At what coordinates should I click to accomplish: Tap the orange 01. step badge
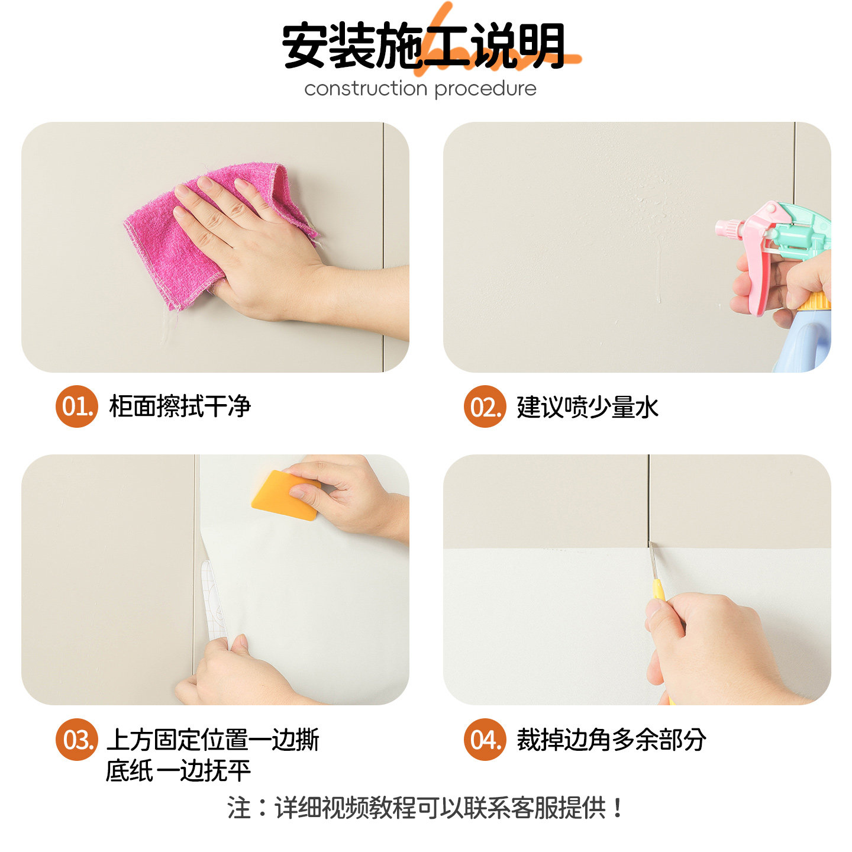[76, 406]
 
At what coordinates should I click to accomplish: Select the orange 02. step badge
[485, 406]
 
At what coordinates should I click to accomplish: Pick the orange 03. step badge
[76, 740]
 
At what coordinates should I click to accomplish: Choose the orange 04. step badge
[485, 740]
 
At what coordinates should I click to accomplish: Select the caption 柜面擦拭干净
[180, 407]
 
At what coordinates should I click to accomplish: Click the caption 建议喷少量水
[587, 407]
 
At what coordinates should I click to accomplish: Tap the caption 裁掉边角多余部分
[611, 740]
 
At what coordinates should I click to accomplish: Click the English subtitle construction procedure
[420, 89]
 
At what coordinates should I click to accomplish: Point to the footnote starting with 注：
[425, 808]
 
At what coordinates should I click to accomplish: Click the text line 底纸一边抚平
[178, 771]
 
